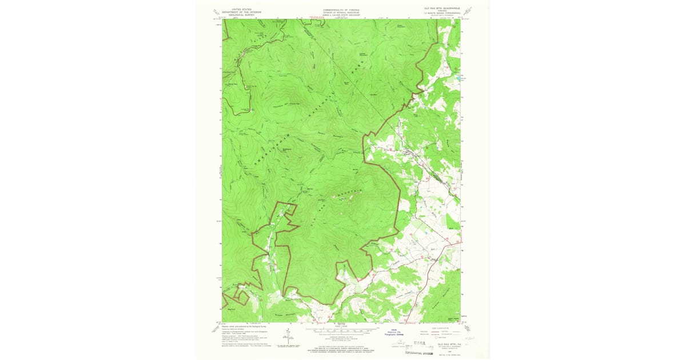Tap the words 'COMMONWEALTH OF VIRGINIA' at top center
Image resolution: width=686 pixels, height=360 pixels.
click(342, 9)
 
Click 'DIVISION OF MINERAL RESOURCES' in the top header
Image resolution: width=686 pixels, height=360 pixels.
click(342, 12)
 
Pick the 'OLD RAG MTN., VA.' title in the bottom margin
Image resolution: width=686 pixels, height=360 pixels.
click(449, 345)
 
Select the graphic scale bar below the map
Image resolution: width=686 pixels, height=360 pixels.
click(342, 330)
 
